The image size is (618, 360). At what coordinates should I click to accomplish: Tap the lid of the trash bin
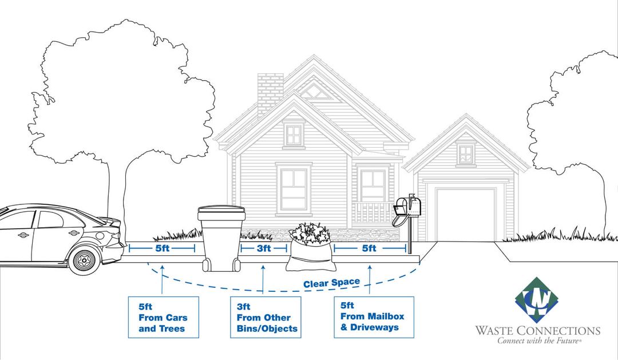[221, 211]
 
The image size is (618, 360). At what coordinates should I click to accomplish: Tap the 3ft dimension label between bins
[263, 248]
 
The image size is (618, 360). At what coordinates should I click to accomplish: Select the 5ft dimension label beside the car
[162, 248]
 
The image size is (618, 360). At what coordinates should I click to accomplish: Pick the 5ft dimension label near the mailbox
[369, 248]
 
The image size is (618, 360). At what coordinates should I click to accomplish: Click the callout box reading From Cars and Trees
[163, 317]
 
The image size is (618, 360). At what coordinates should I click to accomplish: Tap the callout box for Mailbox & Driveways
[374, 317]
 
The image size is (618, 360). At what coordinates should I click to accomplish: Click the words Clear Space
[331, 283]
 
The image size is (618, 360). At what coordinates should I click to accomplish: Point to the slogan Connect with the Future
[538, 341]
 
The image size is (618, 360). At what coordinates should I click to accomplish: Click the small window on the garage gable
[466, 154]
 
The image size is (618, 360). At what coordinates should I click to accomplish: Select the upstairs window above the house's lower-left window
[294, 134]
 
